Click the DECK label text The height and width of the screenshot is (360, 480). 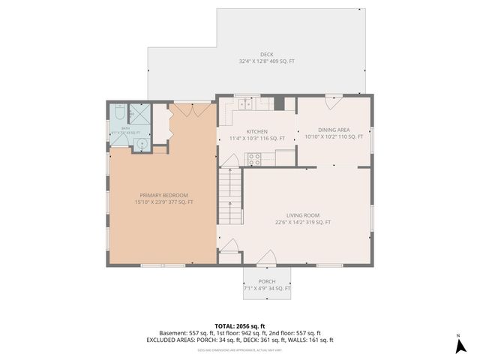267,54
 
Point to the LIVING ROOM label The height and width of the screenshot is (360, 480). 303,215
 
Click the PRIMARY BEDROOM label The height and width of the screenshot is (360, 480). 163,196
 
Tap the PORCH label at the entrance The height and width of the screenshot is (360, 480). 268,282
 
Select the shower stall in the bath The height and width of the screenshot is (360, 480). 140,114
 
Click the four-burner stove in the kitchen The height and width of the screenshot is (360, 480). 254,158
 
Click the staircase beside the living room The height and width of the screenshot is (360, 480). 231,195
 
